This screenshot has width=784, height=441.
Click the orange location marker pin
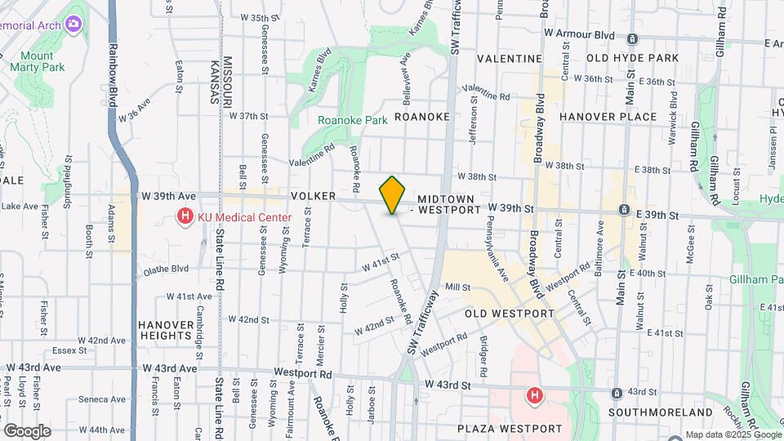pyautogui.click(x=393, y=195)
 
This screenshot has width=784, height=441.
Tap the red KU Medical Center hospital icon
pyautogui.click(x=185, y=217)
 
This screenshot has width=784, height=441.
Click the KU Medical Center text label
pyautogui.click(x=244, y=217)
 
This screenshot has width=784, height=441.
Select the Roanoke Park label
pyautogui.click(x=353, y=120)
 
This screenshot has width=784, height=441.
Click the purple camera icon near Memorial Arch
pyautogui.click(x=74, y=24)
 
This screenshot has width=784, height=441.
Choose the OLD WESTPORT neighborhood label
pyautogui.click(x=510, y=314)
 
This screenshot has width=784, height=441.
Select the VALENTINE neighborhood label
pyautogui.click(x=510, y=59)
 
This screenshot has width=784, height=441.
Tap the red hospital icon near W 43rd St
pyautogui.click(x=535, y=396)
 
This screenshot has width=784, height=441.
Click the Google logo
pyautogui.click(x=27, y=430)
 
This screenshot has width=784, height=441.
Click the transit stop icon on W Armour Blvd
pyautogui.click(x=632, y=38)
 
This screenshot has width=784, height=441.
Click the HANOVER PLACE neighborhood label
pyautogui.click(x=608, y=117)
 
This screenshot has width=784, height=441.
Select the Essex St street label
pyautogui.click(x=69, y=350)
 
